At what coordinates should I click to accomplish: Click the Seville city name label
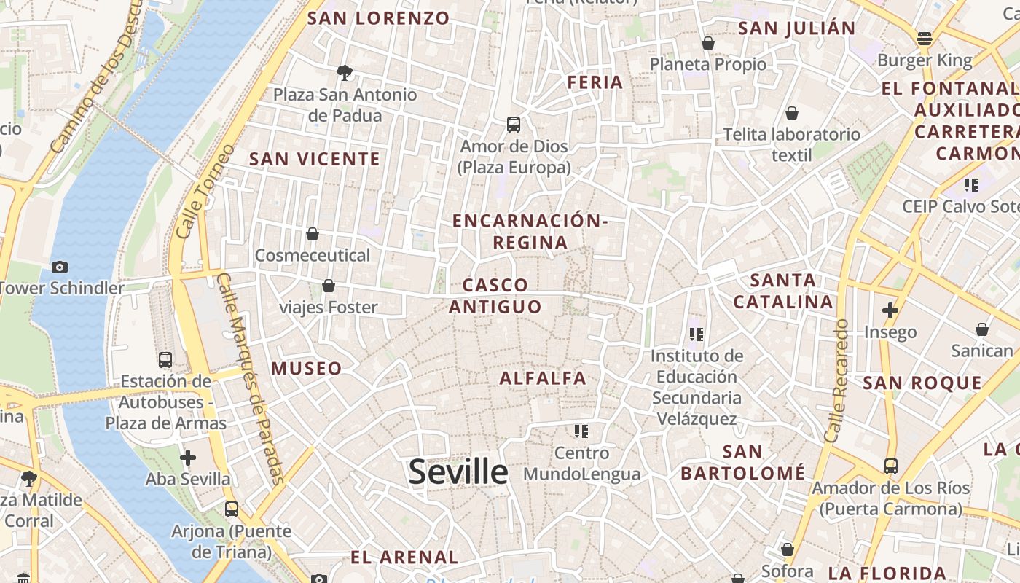[458, 472]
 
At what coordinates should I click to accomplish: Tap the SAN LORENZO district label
[378, 18]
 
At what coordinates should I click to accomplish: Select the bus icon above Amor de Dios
[514, 125]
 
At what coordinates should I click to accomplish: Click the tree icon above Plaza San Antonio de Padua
[345, 72]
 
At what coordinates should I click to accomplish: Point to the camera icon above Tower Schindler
[60, 267]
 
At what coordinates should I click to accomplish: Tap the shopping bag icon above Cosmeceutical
[313, 234]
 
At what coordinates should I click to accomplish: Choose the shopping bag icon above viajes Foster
[329, 286]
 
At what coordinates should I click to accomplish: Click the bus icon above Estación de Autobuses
[165, 359]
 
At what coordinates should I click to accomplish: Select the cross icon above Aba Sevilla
[188, 458]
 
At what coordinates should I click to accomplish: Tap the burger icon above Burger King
[925, 39]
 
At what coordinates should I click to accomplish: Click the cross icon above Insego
[890, 310]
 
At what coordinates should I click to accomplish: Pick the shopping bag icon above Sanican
[982, 329]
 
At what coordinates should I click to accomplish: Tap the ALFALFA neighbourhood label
[543, 378]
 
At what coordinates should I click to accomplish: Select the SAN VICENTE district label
[315, 159]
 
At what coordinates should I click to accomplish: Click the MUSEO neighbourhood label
[307, 369]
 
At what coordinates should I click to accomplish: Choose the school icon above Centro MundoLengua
[581, 431]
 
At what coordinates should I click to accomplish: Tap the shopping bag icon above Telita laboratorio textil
[792, 113]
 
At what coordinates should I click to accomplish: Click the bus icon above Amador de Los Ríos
[890, 466]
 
